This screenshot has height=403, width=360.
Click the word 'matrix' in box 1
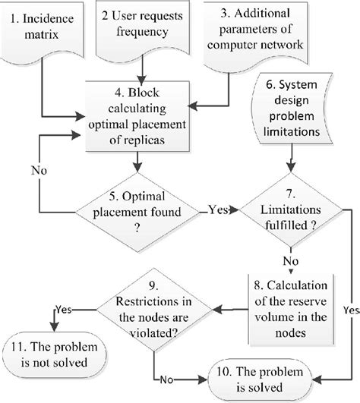46,35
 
